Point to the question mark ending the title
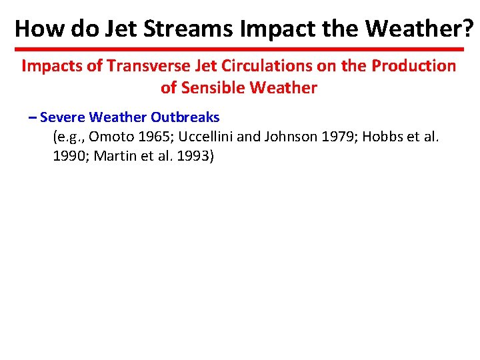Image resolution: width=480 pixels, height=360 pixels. pos(469,28)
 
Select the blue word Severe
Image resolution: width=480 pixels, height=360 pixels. pos(63,117)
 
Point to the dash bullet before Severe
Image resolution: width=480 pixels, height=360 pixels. pos(33,117)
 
